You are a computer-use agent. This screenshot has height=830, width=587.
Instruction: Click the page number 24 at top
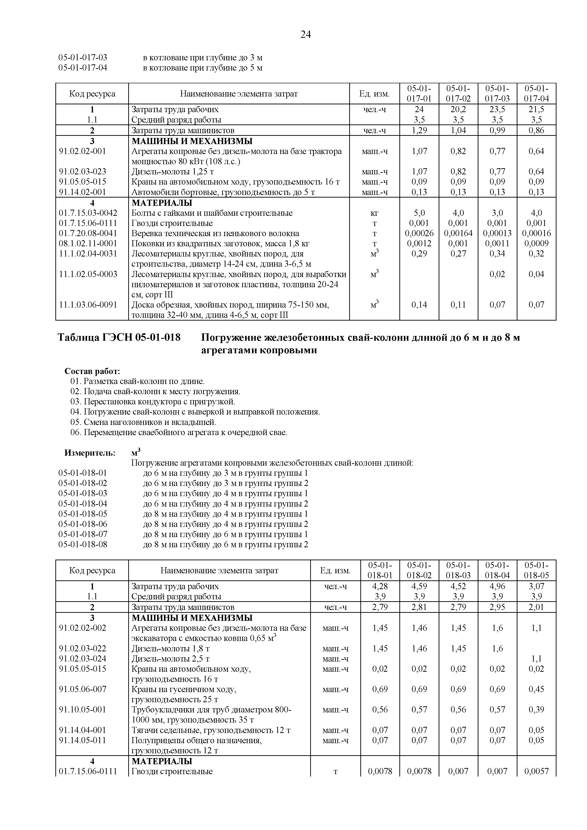pyautogui.click(x=305, y=35)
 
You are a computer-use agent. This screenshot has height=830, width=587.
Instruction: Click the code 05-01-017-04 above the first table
pyautogui.click(x=83, y=68)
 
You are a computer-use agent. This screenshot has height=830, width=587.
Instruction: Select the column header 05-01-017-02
pyautogui.click(x=458, y=94)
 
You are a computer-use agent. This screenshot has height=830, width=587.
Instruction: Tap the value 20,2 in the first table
pyautogui.click(x=458, y=109)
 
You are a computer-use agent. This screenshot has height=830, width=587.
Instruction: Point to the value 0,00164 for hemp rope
pyautogui.click(x=458, y=233)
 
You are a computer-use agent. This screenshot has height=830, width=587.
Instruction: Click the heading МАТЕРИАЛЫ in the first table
pyautogui.click(x=162, y=203)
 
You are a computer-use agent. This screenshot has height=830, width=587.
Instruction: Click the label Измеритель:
pyautogui.click(x=90, y=453)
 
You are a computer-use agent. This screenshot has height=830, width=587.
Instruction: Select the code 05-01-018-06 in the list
pyautogui.click(x=83, y=524)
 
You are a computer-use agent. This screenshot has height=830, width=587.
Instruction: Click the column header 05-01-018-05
pyautogui.click(x=536, y=570)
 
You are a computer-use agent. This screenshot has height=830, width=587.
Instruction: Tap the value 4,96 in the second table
pyautogui.click(x=497, y=586)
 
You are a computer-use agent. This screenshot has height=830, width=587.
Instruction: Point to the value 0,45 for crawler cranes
pyautogui.click(x=536, y=689)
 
